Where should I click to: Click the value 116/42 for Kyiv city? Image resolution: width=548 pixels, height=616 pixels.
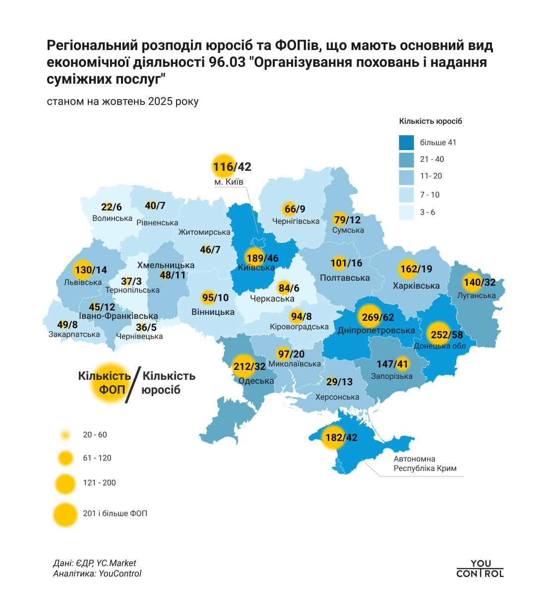(232, 167)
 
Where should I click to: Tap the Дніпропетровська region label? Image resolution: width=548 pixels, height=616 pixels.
(376, 330)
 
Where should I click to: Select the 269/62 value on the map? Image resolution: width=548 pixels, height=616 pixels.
(377, 317)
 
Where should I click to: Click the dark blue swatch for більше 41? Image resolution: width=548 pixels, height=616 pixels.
(406, 143)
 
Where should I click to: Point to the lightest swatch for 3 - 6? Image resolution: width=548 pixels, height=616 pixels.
(406, 212)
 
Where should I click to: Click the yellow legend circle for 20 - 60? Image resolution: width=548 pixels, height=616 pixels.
(65, 435)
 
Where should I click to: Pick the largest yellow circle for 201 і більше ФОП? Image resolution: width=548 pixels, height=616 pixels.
(65, 513)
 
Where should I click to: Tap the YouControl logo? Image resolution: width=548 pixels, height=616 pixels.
(480, 568)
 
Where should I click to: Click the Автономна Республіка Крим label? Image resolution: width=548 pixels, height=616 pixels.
(425, 463)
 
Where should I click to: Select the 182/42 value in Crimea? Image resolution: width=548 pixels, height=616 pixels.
(341, 438)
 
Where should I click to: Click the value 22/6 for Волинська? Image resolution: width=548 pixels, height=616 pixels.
(111, 207)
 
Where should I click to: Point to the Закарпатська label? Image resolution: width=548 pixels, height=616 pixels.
(74, 334)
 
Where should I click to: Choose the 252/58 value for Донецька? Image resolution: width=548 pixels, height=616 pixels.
(446, 335)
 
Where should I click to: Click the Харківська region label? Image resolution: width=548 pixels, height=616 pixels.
(416, 286)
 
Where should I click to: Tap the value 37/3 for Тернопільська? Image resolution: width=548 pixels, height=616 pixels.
(131, 281)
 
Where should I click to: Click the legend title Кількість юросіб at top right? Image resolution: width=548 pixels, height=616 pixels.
(430, 121)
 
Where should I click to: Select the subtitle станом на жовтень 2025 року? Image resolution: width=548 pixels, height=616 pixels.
(122, 102)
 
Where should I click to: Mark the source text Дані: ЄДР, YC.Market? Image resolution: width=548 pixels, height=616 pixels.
(94, 563)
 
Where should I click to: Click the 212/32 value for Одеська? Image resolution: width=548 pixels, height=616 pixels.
(249, 367)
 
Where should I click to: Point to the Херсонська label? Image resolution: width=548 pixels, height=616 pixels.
(337, 397)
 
